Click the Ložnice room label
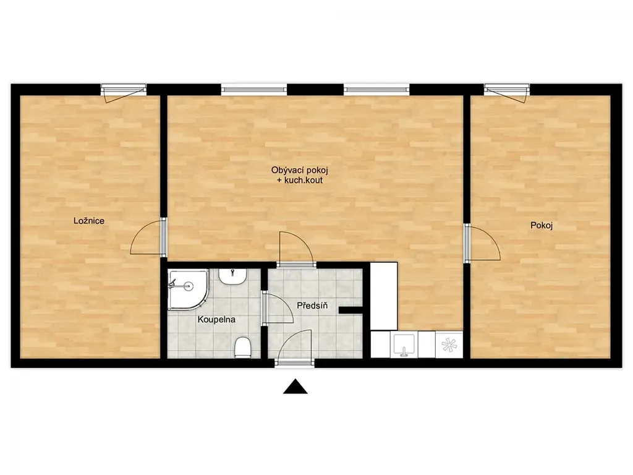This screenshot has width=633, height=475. pyautogui.click(x=89, y=221)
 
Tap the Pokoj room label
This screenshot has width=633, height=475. pyautogui.click(x=542, y=225)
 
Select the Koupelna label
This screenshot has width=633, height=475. pyautogui.click(x=216, y=320)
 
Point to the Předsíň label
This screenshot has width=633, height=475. pyautogui.click(x=312, y=306)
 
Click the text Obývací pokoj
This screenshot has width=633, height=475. pyautogui.click(x=300, y=170)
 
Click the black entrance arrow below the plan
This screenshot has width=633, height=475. pyautogui.click(x=295, y=386)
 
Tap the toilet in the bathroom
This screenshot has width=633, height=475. pyautogui.click(x=243, y=348)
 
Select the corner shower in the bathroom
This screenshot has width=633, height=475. pyautogui.click(x=188, y=289)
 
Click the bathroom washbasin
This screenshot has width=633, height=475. pyautogui.click(x=232, y=276)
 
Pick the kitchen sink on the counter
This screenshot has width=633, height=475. pyautogui.click(x=404, y=344)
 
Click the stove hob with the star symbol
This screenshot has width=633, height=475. pyautogui.click(x=449, y=344)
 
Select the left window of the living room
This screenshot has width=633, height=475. pyautogui.click(x=254, y=89)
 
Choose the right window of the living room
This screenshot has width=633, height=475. pyautogui.click(x=376, y=89)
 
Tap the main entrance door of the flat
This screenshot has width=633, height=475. pyautogui.click(x=295, y=348)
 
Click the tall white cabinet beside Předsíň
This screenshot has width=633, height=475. pyautogui.click(x=384, y=296)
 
